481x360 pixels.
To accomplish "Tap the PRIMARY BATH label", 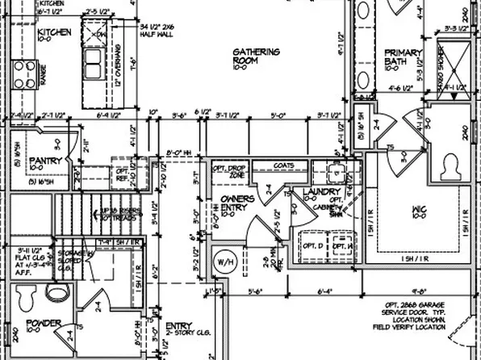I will [x=403, y=57].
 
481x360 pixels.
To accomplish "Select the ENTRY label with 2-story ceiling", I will [x=179, y=326].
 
